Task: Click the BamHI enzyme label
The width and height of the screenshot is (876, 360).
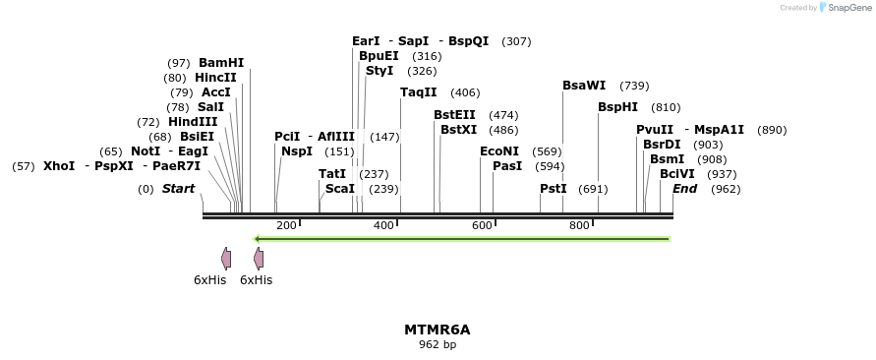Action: (x=221, y=63)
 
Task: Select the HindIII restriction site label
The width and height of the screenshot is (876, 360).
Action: (x=193, y=122)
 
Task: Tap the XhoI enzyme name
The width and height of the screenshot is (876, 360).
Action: (x=58, y=166)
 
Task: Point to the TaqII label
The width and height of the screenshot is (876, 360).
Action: (x=419, y=92)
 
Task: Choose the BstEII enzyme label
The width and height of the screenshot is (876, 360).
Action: (x=455, y=115)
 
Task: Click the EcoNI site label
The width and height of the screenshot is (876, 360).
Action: (x=499, y=151)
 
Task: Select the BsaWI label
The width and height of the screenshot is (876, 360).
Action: (x=584, y=86)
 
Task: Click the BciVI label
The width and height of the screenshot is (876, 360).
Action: (x=677, y=174)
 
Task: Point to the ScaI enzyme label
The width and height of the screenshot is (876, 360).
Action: (x=340, y=189)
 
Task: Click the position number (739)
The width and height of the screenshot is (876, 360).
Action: (x=634, y=86)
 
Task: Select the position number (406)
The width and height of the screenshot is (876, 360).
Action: (x=465, y=92)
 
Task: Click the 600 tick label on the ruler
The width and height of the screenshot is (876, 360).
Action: (x=482, y=226)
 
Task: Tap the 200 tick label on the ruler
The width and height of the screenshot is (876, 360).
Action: (x=286, y=226)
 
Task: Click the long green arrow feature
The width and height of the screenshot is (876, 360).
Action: (x=462, y=239)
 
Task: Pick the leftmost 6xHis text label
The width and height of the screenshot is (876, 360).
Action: (x=209, y=280)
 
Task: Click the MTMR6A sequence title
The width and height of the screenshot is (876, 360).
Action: (x=438, y=330)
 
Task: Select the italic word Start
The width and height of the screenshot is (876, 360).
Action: (x=179, y=189)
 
